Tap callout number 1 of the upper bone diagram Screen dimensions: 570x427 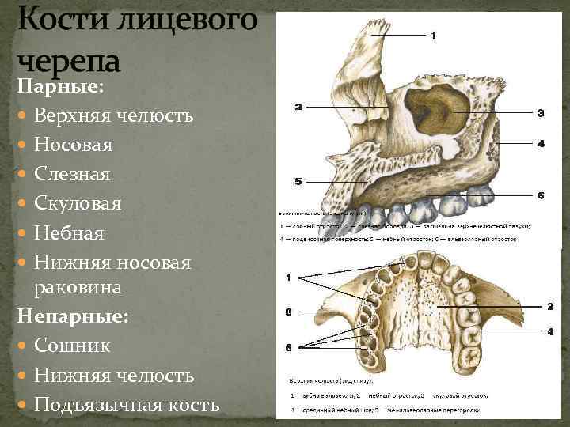[x=435, y=35]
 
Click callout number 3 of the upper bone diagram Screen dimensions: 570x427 [x=541, y=113]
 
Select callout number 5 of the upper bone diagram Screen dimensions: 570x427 [x=298, y=181]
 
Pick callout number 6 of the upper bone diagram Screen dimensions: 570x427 [x=541, y=195]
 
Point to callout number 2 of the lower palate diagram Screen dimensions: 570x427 [x=549, y=305]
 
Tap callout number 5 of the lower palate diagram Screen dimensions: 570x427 [x=290, y=347]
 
